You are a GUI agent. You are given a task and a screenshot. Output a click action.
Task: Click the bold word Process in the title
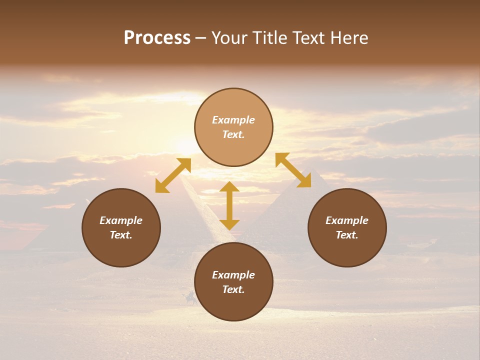157,38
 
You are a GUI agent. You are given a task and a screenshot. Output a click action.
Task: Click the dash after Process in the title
200,38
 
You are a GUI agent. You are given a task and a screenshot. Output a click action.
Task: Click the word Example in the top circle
233,120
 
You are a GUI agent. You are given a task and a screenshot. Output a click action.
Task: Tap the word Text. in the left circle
121,235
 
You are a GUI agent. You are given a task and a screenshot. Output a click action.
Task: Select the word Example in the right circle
347,220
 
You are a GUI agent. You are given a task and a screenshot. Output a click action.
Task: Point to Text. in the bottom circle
233,289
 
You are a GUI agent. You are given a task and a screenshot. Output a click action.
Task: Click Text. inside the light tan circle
233,134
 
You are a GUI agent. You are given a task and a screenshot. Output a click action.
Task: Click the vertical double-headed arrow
229,205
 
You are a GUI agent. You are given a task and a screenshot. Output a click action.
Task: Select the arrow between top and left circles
173,175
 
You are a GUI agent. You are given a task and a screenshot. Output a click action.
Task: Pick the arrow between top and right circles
293,170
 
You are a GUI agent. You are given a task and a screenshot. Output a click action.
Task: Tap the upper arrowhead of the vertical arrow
229,187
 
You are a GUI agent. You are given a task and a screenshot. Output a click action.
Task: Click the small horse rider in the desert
190,298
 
